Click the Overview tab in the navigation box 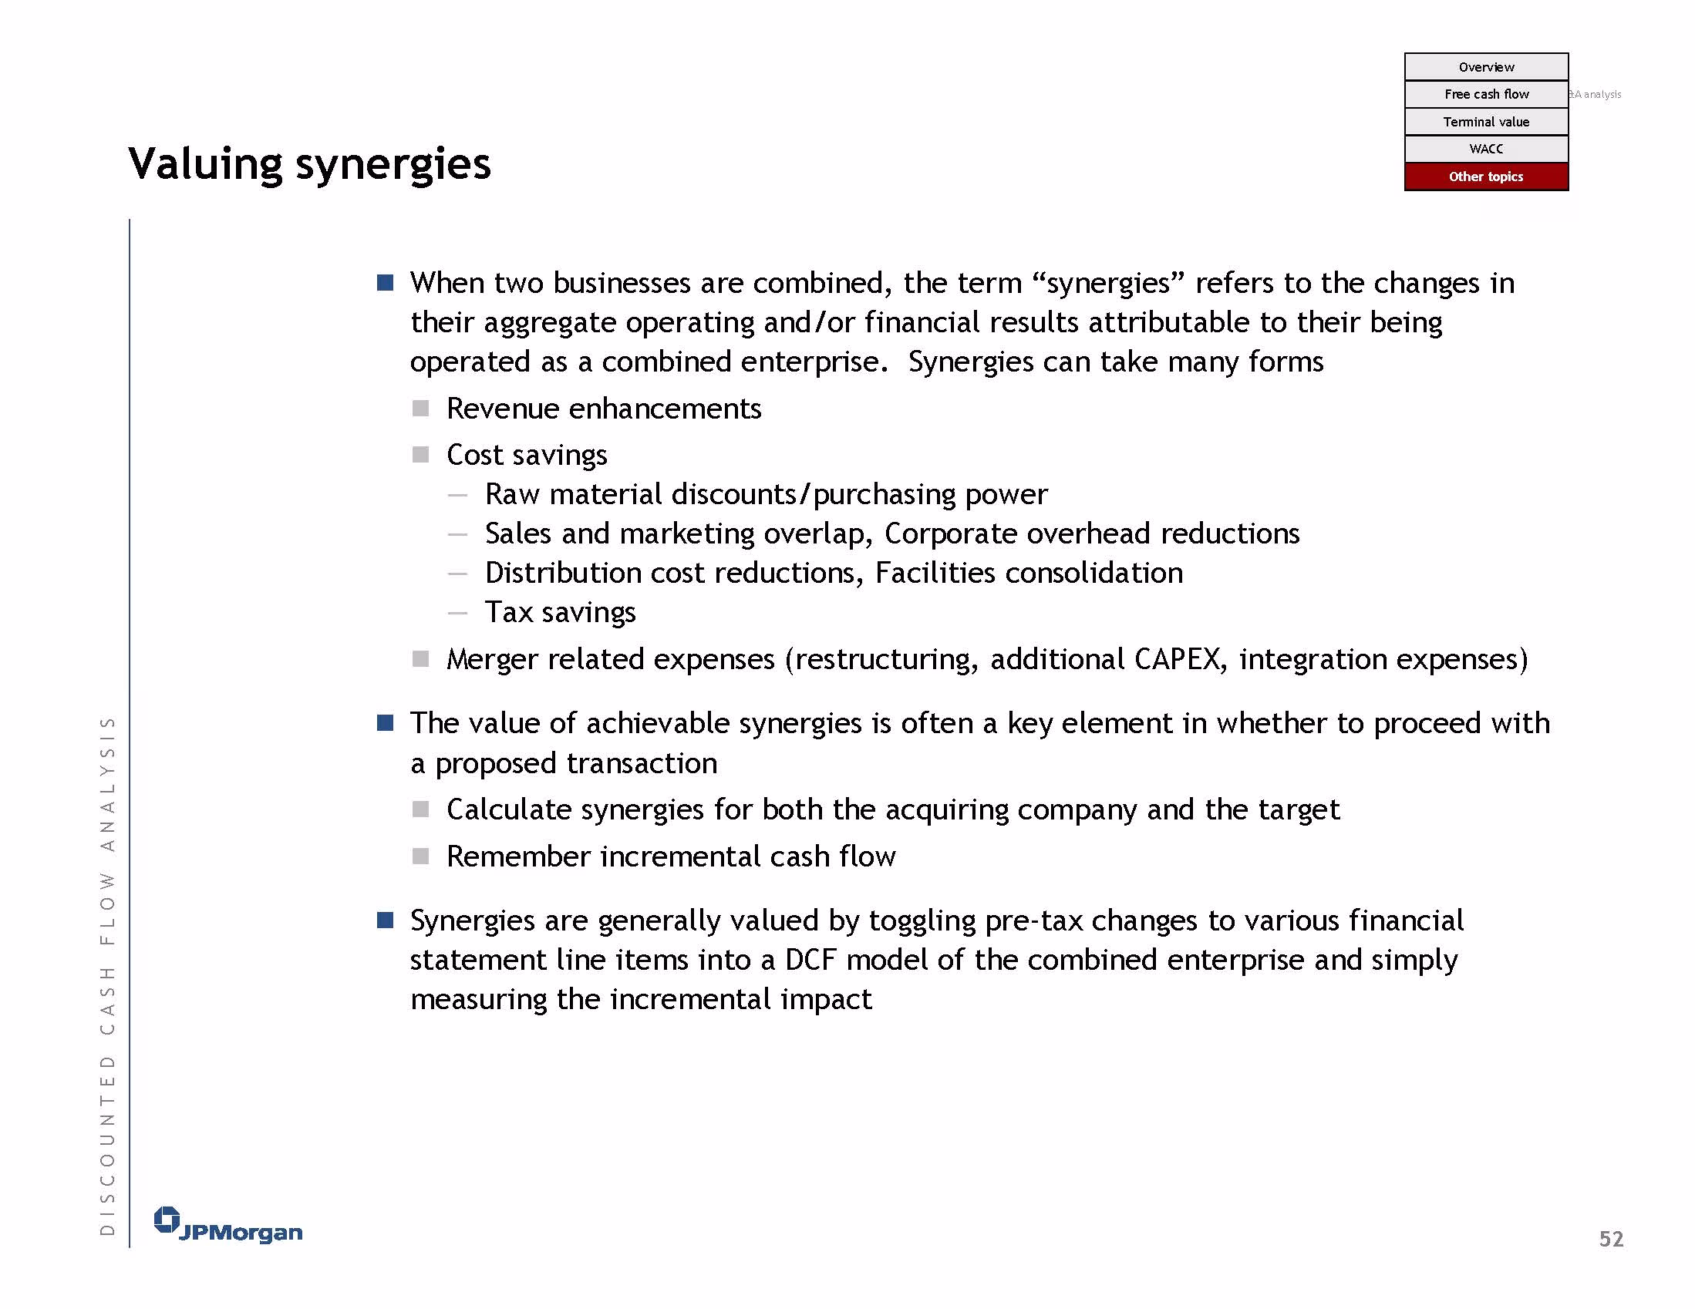(x=1485, y=67)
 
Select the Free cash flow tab (x=1485, y=94)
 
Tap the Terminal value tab (x=1485, y=122)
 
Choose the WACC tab (x=1485, y=149)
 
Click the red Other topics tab (x=1485, y=177)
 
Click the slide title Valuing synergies (x=310, y=164)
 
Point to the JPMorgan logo (x=228, y=1225)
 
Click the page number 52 (x=1611, y=1239)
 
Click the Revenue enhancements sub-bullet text (x=604, y=409)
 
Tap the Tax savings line (x=561, y=613)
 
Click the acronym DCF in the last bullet (x=810, y=961)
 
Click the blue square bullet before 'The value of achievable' (x=385, y=723)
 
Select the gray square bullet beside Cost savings (x=420, y=455)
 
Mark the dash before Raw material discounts (x=458, y=495)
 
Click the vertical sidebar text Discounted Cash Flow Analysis (x=108, y=975)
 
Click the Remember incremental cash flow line (x=672, y=856)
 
